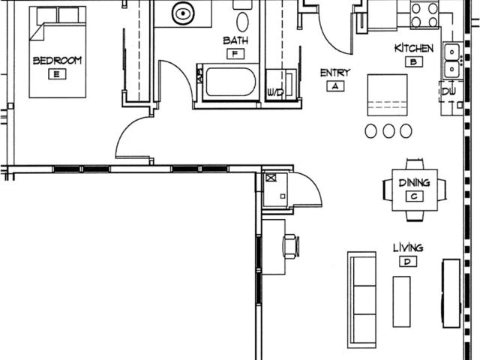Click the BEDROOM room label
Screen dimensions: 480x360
click(x=57, y=60)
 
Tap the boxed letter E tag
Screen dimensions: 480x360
click(x=57, y=74)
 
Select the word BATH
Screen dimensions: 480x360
click(x=235, y=40)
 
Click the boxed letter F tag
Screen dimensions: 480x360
click(x=235, y=54)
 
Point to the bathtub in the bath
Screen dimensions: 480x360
click(x=231, y=82)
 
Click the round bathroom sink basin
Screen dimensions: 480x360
click(x=183, y=13)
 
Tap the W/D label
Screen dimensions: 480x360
click(x=275, y=91)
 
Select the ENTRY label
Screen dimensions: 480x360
click(x=335, y=73)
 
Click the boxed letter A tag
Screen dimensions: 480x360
click(x=335, y=86)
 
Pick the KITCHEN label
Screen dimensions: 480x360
click(x=414, y=48)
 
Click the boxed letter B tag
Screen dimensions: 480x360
click(x=414, y=61)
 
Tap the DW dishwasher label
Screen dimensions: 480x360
click(x=448, y=91)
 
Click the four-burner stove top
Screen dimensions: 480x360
click(x=424, y=15)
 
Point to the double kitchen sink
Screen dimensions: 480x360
click(x=451, y=61)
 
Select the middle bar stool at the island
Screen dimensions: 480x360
click(x=388, y=130)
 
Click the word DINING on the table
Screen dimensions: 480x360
click(x=415, y=183)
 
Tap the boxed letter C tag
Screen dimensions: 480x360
click(x=415, y=196)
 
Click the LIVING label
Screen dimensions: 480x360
click(x=408, y=247)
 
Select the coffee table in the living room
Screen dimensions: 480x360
click(x=402, y=301)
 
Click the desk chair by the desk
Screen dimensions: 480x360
click(x=291, y=246)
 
